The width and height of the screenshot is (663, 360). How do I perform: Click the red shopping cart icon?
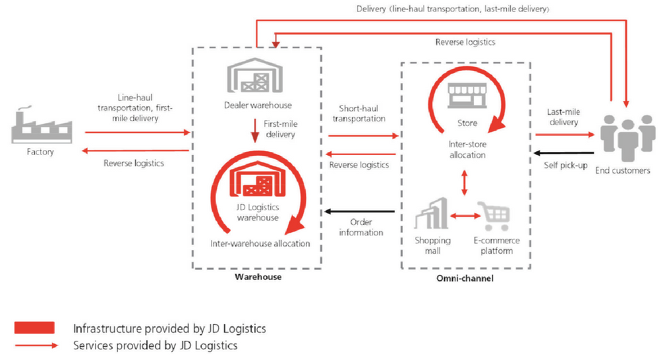point(495,216)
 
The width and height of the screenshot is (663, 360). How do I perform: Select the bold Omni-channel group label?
point(464,278)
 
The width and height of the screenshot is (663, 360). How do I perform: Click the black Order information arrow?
point(359,212)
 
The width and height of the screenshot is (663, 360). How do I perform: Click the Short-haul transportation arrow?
point(361,135)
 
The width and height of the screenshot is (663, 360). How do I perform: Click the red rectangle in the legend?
point(34,328)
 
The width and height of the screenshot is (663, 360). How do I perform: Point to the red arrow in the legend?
point(34,345)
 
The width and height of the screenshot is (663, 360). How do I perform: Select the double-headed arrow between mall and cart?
point(464,216)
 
